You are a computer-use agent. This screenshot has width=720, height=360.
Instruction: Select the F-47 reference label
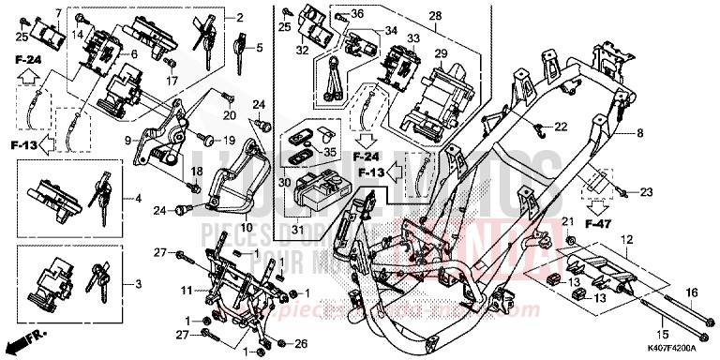(597, 225)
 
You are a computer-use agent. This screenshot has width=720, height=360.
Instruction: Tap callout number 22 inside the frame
(560, 127)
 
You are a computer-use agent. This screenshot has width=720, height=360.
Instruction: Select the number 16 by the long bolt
(692, 293)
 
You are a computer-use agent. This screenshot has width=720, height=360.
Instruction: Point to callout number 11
(186, 291)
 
